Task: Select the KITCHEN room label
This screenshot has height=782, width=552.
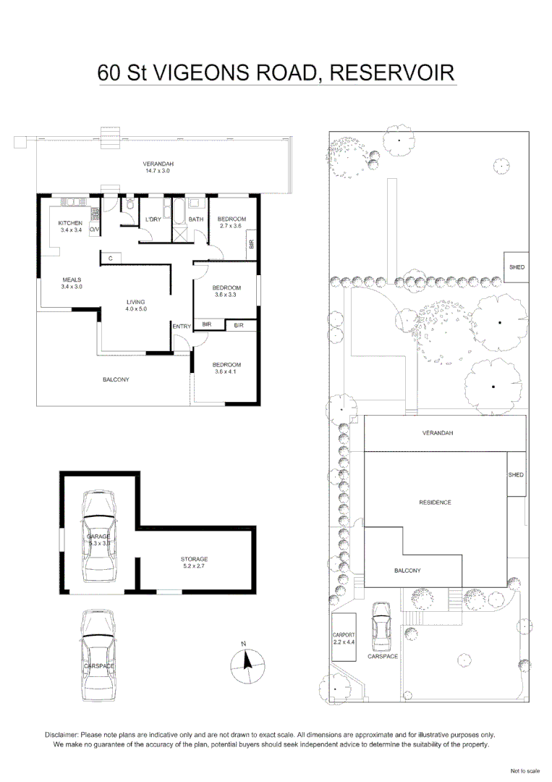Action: point(70,223)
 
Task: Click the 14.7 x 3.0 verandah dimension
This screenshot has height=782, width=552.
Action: point(158,172)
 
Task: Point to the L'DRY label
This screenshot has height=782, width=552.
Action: point(153,219)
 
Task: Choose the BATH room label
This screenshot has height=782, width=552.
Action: point(195,219)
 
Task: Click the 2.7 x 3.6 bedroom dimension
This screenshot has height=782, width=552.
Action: point(232,226)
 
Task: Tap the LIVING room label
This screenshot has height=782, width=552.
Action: point(135,302)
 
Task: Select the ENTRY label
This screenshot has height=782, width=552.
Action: point(182,327)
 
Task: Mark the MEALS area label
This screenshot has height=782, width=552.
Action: point(72,279)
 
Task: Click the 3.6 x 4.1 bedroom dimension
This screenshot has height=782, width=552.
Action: point(226,372)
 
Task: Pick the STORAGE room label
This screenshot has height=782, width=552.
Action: point(194,559)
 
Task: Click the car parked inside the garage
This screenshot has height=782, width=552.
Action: point(99,536)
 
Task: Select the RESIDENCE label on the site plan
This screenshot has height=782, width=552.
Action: point(435,502)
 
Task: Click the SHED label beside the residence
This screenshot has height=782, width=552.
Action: point(515,475)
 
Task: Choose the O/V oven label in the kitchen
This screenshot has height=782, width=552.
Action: point(94,230)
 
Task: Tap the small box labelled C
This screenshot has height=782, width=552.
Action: point(110,258)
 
